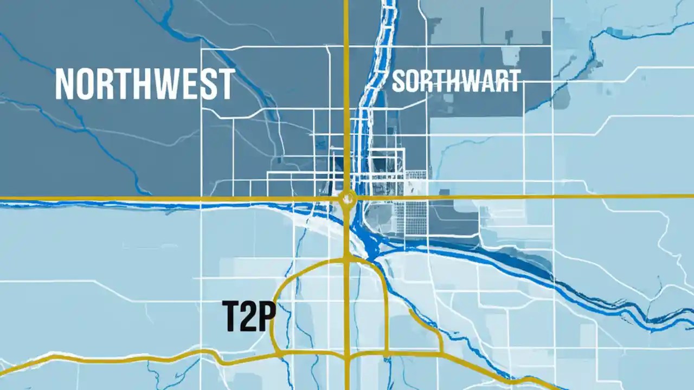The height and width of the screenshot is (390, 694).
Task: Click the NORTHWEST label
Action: coord(145,84)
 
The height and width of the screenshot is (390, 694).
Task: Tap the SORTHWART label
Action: coord(455,81)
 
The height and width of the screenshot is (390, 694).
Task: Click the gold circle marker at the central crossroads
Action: coord(347,199)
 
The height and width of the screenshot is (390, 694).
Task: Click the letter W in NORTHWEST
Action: coord(163,84)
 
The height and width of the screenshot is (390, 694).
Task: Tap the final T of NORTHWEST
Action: coord(225,84)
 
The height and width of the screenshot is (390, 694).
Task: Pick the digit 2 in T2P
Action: coord(247,316)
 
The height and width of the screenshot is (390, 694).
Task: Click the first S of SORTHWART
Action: coord(399,81)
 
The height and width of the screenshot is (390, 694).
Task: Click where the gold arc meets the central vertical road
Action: coord(346,258)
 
